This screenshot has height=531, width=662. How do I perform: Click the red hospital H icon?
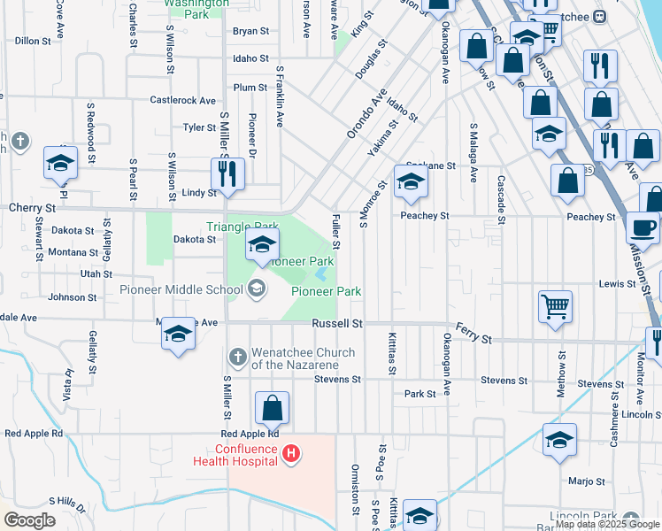click(291, 455)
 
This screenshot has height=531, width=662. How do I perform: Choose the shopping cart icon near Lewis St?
click(555, 308)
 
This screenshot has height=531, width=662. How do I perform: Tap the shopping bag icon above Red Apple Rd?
click(273, 408)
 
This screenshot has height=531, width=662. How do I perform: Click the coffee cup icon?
click(643, 227)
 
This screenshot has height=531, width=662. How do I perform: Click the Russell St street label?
click(337, 325)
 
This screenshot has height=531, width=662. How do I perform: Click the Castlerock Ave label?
click(183, 101)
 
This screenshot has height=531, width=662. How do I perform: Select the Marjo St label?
click(587, 482)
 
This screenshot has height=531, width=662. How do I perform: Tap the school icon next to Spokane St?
click(411, 183)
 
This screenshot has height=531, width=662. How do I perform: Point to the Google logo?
click(30, 520)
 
